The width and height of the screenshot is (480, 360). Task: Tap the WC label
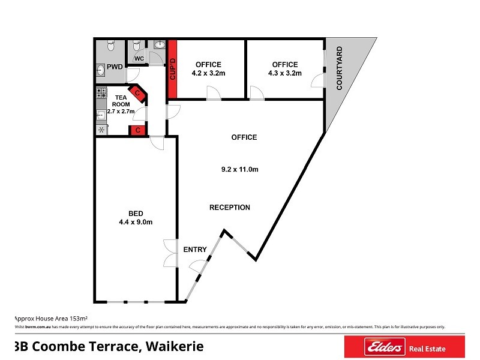click(x=139, y=58)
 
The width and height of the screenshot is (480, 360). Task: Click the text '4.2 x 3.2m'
click(x=208, y=73)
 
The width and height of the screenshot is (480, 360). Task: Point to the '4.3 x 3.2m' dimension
click(x=284, y=73)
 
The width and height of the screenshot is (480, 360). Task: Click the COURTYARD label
click(x=340, y=68)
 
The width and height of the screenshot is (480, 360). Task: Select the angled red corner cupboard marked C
click(x=138, y=92)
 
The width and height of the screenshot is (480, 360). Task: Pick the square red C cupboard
click(x=137, y=130)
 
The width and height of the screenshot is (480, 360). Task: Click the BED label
click(x=136, y=212)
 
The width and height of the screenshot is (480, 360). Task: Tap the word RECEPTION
click(x=229, y=208)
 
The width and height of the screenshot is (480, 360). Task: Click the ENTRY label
click(x=195, y=250)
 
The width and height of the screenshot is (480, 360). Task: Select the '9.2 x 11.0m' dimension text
click(x=239, y=169)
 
